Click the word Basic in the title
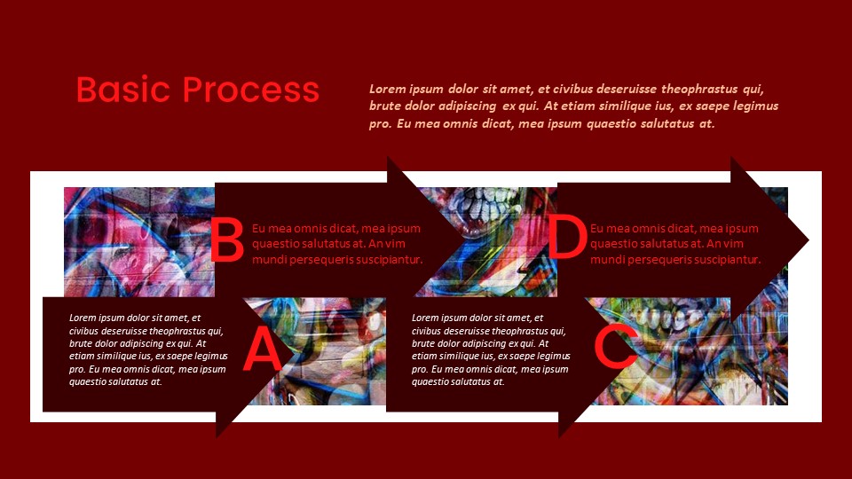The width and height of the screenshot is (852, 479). click(x=124, y=90)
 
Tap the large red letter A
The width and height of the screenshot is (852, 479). click(x=262, y=349)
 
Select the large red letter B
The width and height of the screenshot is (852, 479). click(x=226, y=241)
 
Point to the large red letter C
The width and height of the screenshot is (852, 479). click(x=614, y=347)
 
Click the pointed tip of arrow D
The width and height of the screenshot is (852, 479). click(x=807, y=239)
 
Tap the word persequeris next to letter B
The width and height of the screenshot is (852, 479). click(x=319, y=260)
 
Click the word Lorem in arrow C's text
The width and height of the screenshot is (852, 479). click(x=425, y=318)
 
